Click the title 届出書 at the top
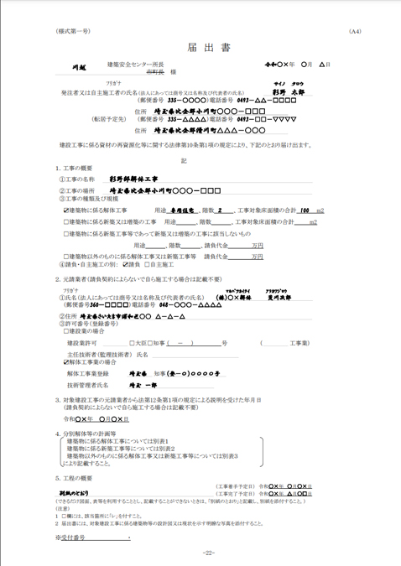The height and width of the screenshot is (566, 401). coord(199,48)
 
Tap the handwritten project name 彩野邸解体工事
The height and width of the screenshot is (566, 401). coord(133,179)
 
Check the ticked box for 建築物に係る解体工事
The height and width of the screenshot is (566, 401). coord(66,210)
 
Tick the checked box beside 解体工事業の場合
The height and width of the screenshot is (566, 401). coord(66,361)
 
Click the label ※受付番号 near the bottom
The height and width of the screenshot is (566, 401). coord(73,537)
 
